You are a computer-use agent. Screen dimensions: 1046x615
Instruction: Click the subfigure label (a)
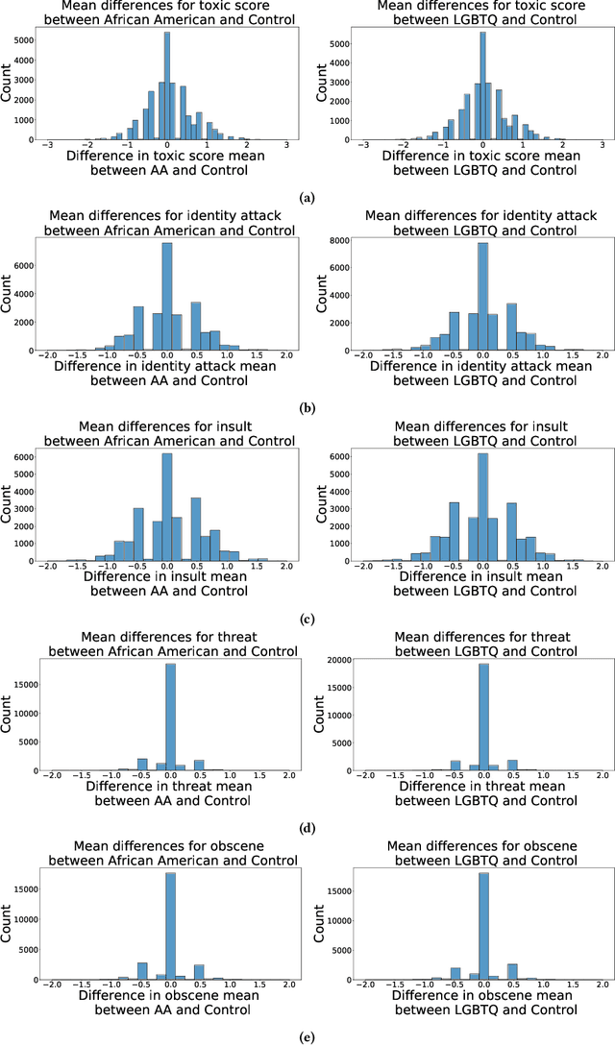coord(307,197)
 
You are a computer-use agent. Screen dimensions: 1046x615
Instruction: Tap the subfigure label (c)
coord(307,619)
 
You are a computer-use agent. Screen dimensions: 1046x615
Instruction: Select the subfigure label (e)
coord(307,1034)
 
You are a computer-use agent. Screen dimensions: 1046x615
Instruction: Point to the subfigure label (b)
coord(307,407)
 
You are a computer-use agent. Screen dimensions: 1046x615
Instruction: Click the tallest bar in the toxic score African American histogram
coord(167,86)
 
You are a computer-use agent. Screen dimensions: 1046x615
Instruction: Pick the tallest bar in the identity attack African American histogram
coord(167,298)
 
